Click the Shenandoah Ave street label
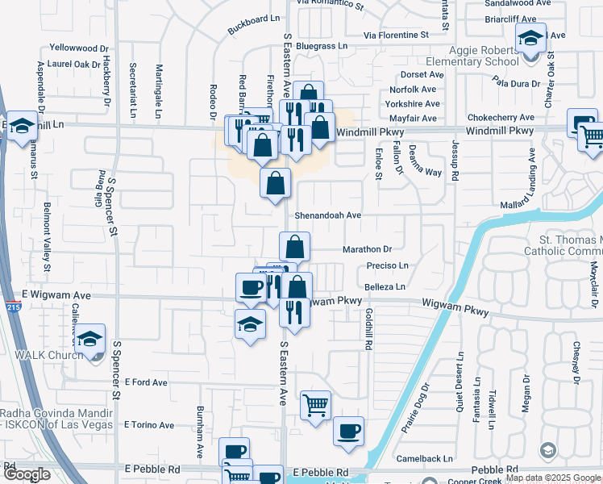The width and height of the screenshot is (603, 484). coord(327,215)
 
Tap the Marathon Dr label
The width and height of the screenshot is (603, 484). coord(367,249)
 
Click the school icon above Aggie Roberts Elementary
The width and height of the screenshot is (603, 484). coord(530,38)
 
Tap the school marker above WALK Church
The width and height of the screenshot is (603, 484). coord(91,339)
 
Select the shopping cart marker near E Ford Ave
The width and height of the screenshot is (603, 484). coord(315,405)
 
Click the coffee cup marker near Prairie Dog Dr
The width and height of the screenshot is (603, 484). coord(348,431)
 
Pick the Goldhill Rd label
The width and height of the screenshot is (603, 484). coord(368,328)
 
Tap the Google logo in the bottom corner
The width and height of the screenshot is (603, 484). coord(27,474)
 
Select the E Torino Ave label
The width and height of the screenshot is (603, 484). coord(148,425)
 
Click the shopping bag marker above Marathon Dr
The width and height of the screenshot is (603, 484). coord(295,246)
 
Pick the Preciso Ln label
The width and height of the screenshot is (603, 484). coord(388,265)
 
